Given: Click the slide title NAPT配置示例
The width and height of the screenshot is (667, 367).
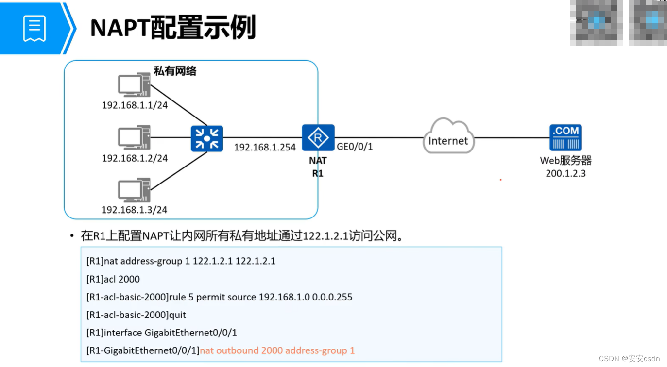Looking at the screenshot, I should pyautogui.click(x=172, y=28).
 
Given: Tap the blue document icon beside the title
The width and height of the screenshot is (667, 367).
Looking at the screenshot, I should pyautogui.click(x=34, y=28).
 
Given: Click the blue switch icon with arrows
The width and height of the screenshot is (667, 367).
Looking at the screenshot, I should pyautogui.click(x=207, y=138).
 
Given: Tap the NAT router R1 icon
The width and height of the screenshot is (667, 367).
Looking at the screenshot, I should pyautogui.click(x=318, y=138).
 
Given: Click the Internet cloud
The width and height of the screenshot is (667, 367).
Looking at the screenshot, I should pyautogui.click(x=448, y=137).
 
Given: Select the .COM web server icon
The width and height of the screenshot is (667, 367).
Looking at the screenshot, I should pyautogui.click(x=565, y=137).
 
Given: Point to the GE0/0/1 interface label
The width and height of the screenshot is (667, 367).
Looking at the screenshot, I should pyautogui.click(x=355, y=147).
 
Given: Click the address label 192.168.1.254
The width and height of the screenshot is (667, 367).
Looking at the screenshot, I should pyautogui.click(x=265, y=147).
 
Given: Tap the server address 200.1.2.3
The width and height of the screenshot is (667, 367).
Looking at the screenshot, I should pyautogui.click(x=565, y=173).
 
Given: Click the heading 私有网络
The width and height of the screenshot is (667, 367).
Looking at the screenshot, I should pyautogui.click(x=175, y=71).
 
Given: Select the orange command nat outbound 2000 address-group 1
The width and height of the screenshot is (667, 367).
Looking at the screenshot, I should pyautogui.click(x=277, y=350).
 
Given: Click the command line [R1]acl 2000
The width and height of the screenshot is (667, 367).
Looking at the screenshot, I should pyautogui.click(x=113, y=279).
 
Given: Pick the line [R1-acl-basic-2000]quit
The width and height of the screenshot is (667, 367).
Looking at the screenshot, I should pyautogui.click(x=137, y=315).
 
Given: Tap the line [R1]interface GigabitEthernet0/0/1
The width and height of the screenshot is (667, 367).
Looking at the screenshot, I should pyautogui.click(x=162, y=333).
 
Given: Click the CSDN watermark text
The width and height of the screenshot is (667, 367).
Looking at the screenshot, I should pyautogui.click(x=629, y=359).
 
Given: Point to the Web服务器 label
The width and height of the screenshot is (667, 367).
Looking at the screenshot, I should pyautogui.click(x=565, y=161).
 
